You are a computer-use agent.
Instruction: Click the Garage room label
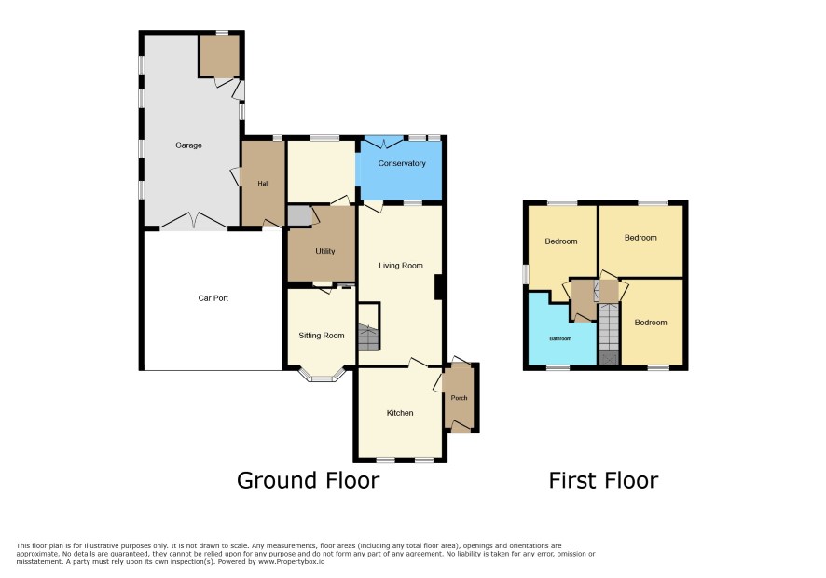[188, 144]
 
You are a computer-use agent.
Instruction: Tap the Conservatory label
[402, 163]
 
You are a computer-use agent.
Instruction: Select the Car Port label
[213, 297]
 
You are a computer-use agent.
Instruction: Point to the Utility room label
[325, 251]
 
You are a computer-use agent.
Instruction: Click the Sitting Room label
[322, 335]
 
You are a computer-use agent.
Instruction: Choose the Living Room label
[400, 266]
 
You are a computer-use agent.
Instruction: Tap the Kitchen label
[400, 413]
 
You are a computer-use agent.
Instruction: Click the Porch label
[459, 398]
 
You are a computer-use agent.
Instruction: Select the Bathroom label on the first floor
[560, 338]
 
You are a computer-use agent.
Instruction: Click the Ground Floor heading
[308, 480]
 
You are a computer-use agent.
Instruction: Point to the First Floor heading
[603, 480]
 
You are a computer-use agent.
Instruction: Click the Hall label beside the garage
[263, 184]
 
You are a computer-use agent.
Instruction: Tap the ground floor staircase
[369, 337]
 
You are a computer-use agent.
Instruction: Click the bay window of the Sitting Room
[322, 375]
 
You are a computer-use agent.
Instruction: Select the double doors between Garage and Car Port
[194, 221]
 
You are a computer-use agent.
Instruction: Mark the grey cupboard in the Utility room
[299, 216]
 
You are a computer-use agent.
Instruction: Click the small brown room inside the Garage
[220, 56]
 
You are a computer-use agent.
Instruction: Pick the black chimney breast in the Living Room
[438, 288]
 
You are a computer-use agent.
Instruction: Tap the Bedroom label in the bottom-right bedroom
[651, 323]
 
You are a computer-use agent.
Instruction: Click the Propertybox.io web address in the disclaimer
[291, 561]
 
